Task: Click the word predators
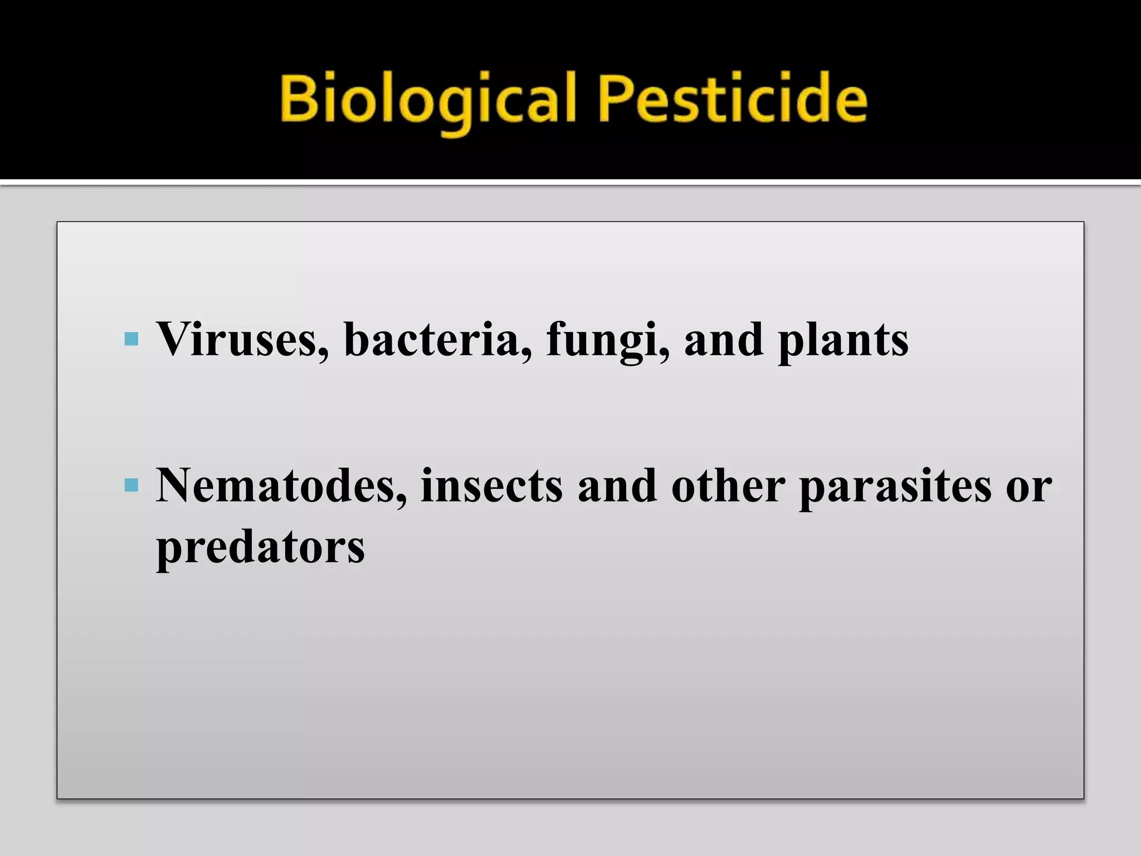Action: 260,547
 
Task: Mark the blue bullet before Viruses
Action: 131,339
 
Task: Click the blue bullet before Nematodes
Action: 131,485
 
